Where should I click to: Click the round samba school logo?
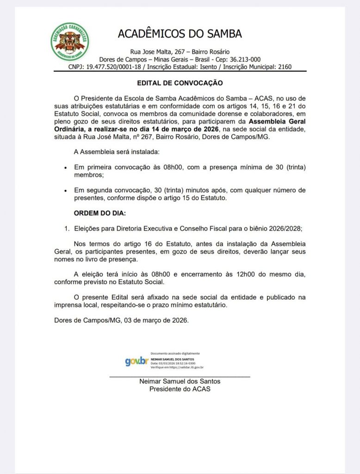(70, 42)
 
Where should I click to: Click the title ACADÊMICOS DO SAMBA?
(180, 34)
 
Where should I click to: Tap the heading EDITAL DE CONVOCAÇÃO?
(180, 83)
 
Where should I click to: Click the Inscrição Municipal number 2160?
(285, 67)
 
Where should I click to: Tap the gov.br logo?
(137, 361)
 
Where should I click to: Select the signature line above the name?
(180, 377)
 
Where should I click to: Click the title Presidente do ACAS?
(180, 389)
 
